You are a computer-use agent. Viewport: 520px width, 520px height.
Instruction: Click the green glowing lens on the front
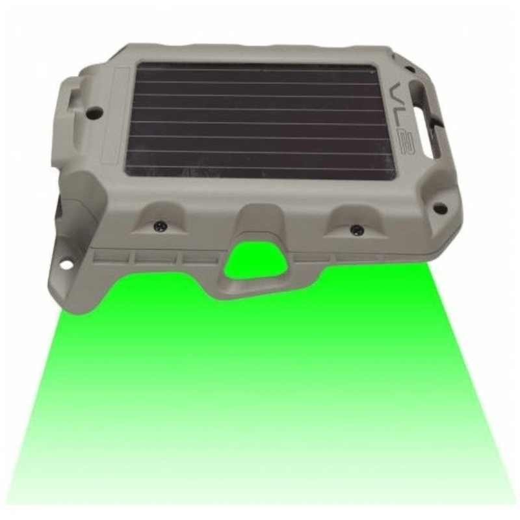click(x=255, y=261)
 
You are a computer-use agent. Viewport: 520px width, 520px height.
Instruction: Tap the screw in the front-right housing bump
click(x=356, y=228)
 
